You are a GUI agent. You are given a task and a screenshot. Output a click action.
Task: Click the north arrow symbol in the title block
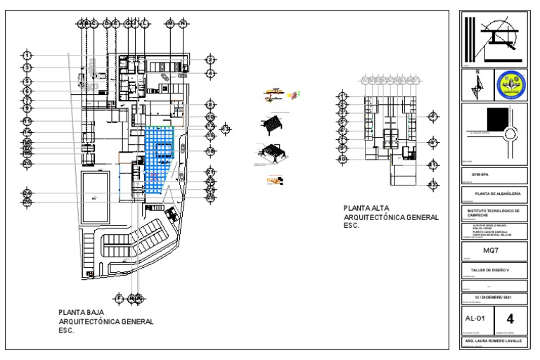click(476, 86)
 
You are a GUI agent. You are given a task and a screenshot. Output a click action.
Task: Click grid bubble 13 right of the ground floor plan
click(225, 129)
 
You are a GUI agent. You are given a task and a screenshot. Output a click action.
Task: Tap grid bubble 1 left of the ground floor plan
click(27, 55)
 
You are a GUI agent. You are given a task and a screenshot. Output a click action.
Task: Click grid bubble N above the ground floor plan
click(183, 23)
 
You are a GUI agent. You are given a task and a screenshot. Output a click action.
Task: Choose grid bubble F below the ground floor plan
click(119, 298)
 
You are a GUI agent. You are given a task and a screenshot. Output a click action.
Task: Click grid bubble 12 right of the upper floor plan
click(433, 184)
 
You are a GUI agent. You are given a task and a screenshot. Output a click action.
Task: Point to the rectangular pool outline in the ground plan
click(96, 191)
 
